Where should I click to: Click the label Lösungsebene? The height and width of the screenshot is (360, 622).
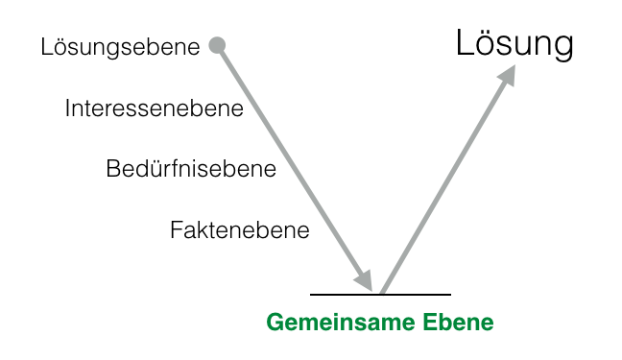(x=120, y=46)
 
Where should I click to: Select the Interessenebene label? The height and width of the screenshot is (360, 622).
(x=154, y=108)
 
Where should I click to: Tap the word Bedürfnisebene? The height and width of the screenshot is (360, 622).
(x=191, y=170)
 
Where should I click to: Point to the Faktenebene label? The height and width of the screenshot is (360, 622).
(x=239, y=230)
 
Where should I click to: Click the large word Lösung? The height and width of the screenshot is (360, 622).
(x=514, y=44)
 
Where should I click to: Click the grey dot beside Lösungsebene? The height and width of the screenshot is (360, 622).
(x=217, y=44)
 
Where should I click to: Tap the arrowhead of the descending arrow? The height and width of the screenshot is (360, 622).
(x=365, y=279)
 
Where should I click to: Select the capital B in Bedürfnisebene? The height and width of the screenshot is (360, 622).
(x=112, y=170)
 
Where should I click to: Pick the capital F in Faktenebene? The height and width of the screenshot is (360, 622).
(x=176, y=230)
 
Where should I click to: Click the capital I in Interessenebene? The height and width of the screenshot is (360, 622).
(x=67, y=108)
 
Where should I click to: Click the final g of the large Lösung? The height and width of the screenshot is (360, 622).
(x=563, y=48)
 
